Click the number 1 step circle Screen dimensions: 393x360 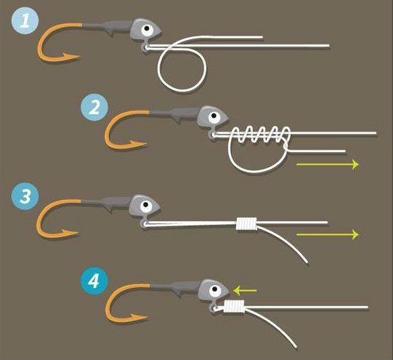[25, 20]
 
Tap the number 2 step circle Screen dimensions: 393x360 [94, 108]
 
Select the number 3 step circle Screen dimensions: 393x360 [25, 196]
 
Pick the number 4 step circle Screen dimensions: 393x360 [94, 281]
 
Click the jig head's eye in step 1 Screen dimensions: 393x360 [147, 30]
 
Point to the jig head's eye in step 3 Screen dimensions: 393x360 [146, 207]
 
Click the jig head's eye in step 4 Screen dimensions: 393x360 [215, 291]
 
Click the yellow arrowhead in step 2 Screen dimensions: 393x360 [356, 164]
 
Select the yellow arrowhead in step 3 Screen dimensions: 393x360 [356, 235]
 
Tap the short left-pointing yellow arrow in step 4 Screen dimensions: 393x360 [245, 291]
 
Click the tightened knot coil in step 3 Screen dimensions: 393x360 [247, 223]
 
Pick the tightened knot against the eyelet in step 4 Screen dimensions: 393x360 [234, 307]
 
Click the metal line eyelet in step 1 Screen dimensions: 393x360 [145, 47]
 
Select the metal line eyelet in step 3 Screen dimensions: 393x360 [144, 223]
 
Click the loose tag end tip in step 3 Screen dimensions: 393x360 [307, 263]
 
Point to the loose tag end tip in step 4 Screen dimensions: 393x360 [296, 347]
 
